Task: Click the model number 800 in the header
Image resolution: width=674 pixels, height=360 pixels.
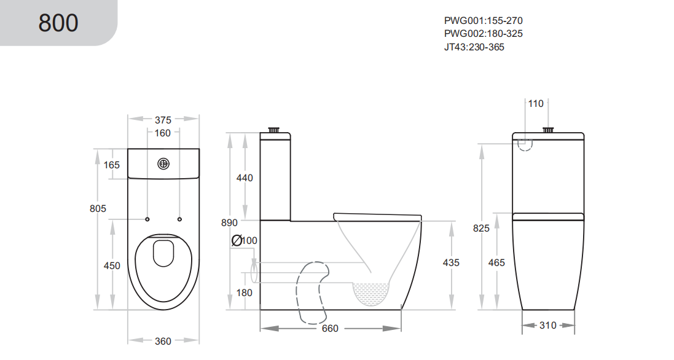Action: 58,23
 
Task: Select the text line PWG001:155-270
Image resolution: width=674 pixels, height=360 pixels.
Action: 483,20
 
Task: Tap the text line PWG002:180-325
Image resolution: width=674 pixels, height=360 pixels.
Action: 483,33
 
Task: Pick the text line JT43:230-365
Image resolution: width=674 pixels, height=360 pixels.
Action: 474,47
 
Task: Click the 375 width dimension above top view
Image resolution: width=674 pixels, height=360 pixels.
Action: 163,120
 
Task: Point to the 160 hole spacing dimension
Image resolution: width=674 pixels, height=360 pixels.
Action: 163,133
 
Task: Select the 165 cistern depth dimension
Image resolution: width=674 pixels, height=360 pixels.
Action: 112,165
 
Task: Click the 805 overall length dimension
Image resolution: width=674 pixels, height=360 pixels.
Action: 98,208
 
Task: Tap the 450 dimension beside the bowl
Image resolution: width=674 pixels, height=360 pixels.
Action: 112,265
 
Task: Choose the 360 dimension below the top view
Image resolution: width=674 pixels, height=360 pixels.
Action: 163,341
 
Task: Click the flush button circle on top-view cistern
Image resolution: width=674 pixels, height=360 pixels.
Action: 163,164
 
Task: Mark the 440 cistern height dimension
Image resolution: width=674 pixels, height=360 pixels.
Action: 245,178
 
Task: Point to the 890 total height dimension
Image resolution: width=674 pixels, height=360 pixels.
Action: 230,223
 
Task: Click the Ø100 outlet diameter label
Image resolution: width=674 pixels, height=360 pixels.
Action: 245,240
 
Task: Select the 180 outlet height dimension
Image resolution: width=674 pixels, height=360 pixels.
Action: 245,292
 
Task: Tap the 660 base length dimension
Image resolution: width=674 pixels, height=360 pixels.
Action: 330,329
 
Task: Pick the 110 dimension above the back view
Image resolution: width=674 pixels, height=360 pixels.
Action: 536,104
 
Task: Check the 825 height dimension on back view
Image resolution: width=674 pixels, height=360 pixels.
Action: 481,228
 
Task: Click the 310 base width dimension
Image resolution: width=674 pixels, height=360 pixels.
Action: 548,325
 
